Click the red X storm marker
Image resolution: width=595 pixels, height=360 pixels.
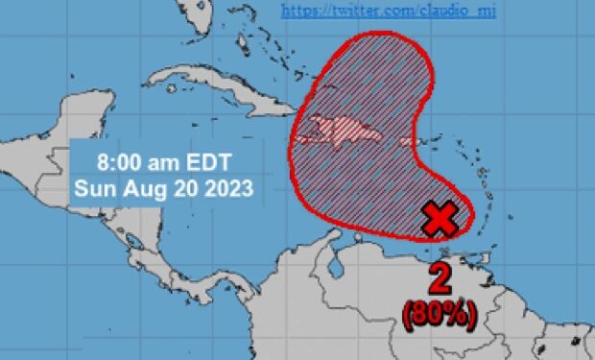click(440, 220)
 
